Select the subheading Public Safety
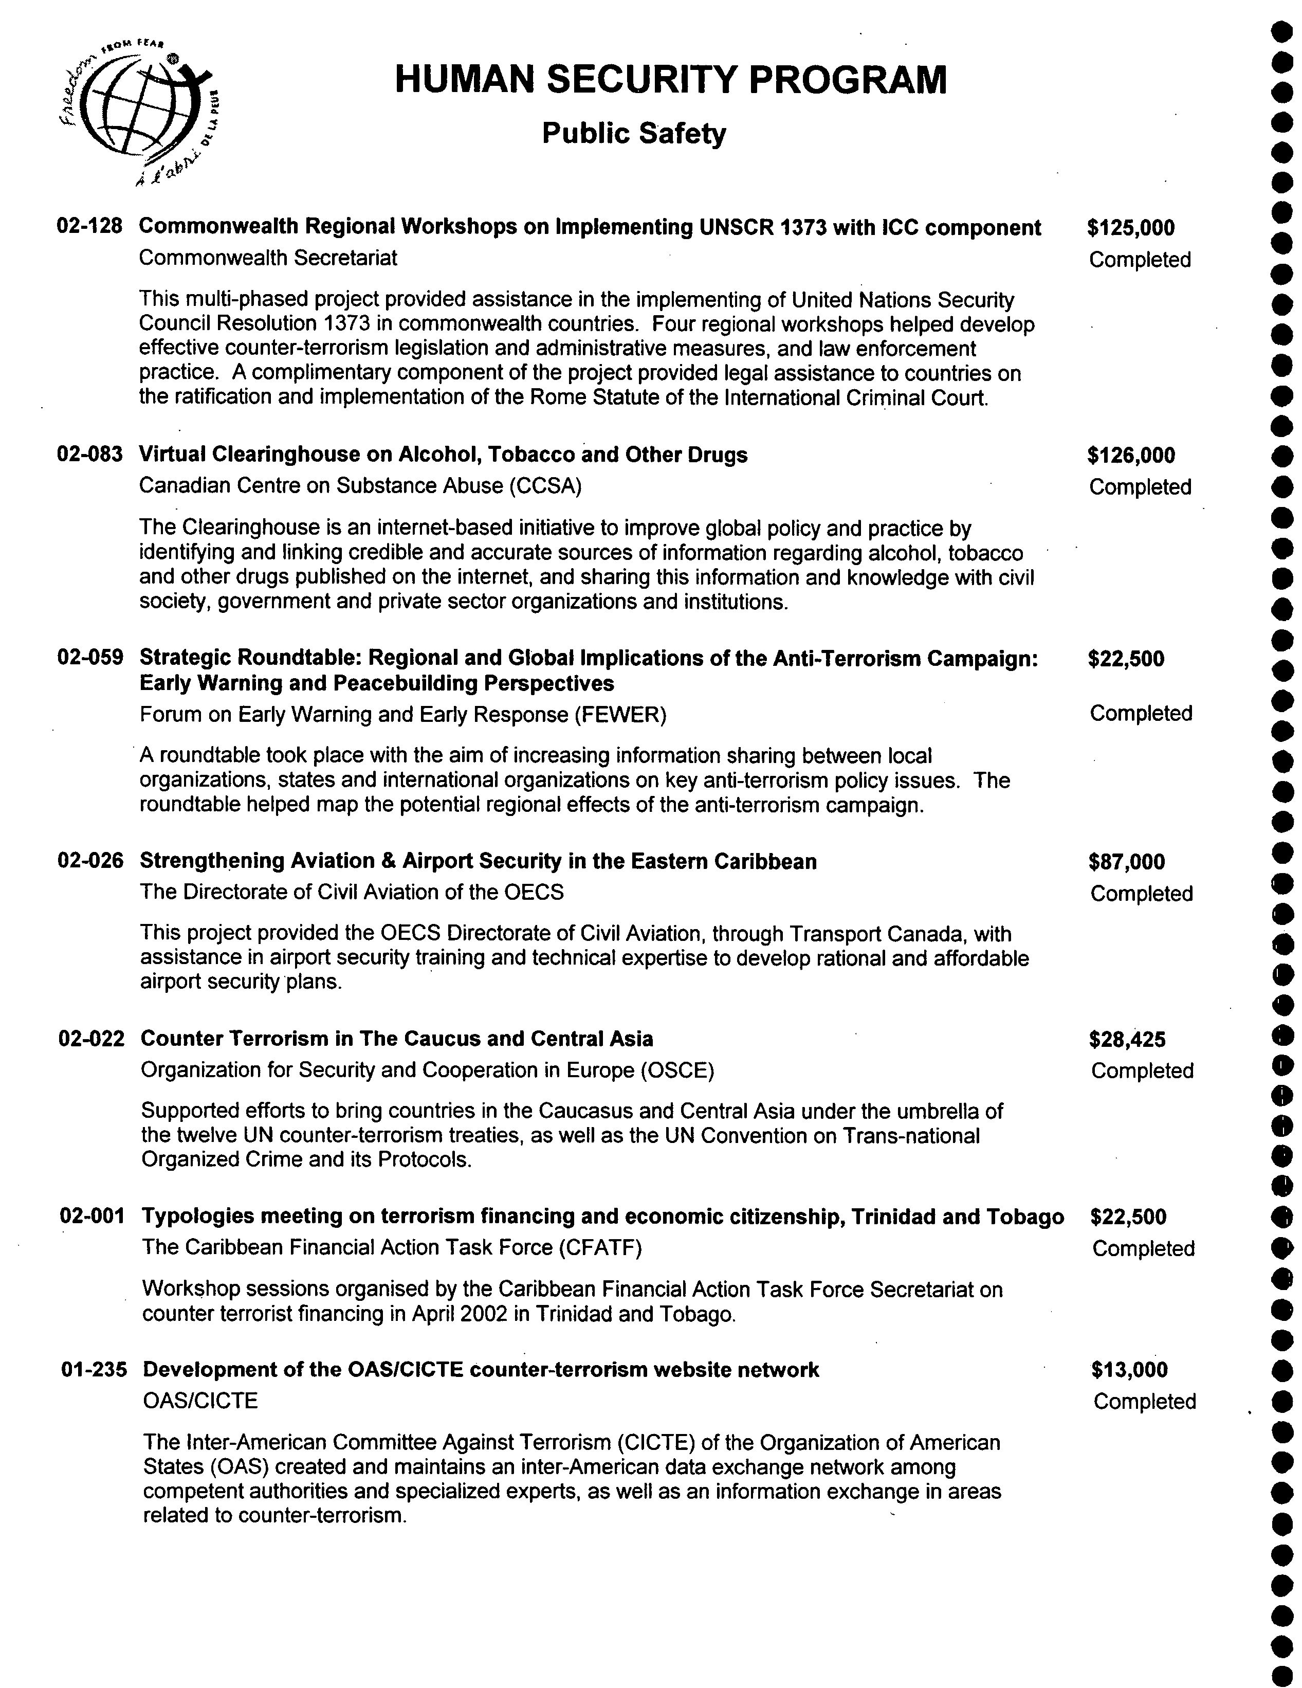(x=634, y=134)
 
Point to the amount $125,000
(x=1130, y=228)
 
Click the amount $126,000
(x=1130, y=455)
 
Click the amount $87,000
(x=1127, y=862)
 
